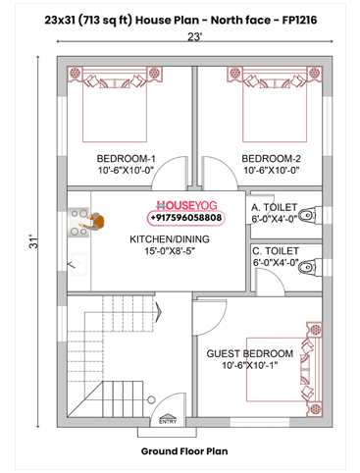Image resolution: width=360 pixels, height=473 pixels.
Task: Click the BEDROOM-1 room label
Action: click(126, 158)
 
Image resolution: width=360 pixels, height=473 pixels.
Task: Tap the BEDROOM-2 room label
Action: click(270, 158)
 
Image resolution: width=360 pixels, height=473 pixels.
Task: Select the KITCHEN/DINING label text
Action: click(170, 238)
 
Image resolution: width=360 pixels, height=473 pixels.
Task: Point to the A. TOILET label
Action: click(276, 207)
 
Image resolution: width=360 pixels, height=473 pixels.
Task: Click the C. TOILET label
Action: click(276, 250)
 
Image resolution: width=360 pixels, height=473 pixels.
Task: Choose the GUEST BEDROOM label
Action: click(249, 353)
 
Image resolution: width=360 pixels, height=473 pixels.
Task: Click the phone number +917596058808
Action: click(186, 218)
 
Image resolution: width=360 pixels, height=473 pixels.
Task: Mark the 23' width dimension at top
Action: click(194, 36)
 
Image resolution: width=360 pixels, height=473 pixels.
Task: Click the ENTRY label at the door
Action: click(168, 422)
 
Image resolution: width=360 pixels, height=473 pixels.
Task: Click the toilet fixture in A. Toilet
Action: click(310, 214)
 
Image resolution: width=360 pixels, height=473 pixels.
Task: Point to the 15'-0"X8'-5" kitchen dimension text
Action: click(170, 251)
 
